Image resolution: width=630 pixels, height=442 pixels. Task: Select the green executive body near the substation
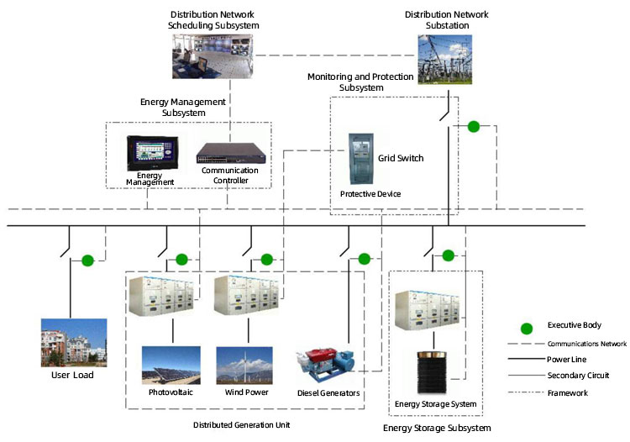click(x=473, y=126)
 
